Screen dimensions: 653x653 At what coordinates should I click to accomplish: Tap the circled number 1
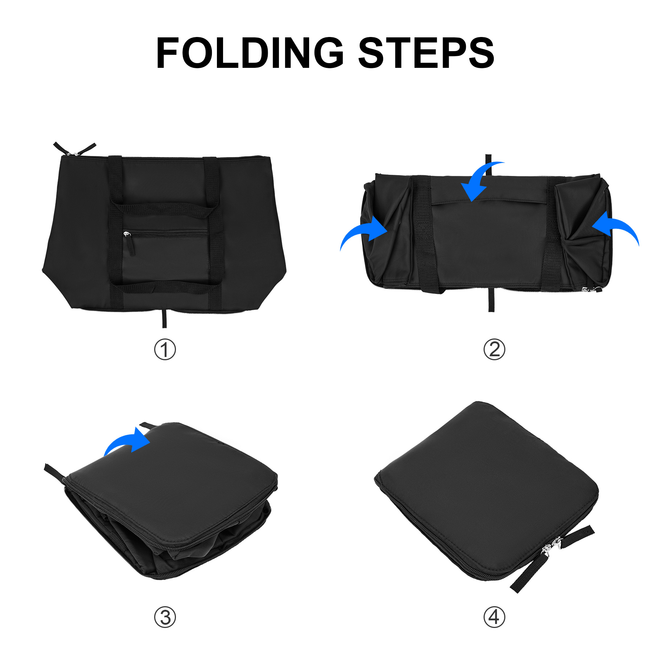pyautogui.click(x=165, y=350)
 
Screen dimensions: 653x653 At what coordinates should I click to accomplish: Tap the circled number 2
pyautogui.click(x=494, y=350)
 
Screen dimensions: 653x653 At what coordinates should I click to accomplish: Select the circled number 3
pyautogui.click(x=165, y=617)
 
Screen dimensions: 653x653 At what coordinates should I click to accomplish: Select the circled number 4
pyautogui.click(x=494, y=617)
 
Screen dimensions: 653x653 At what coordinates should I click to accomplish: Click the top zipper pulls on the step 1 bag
pyautogui.click(x=74, y=149)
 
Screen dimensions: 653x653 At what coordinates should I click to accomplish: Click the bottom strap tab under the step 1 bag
pyautogui.click(x=164, y=319)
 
